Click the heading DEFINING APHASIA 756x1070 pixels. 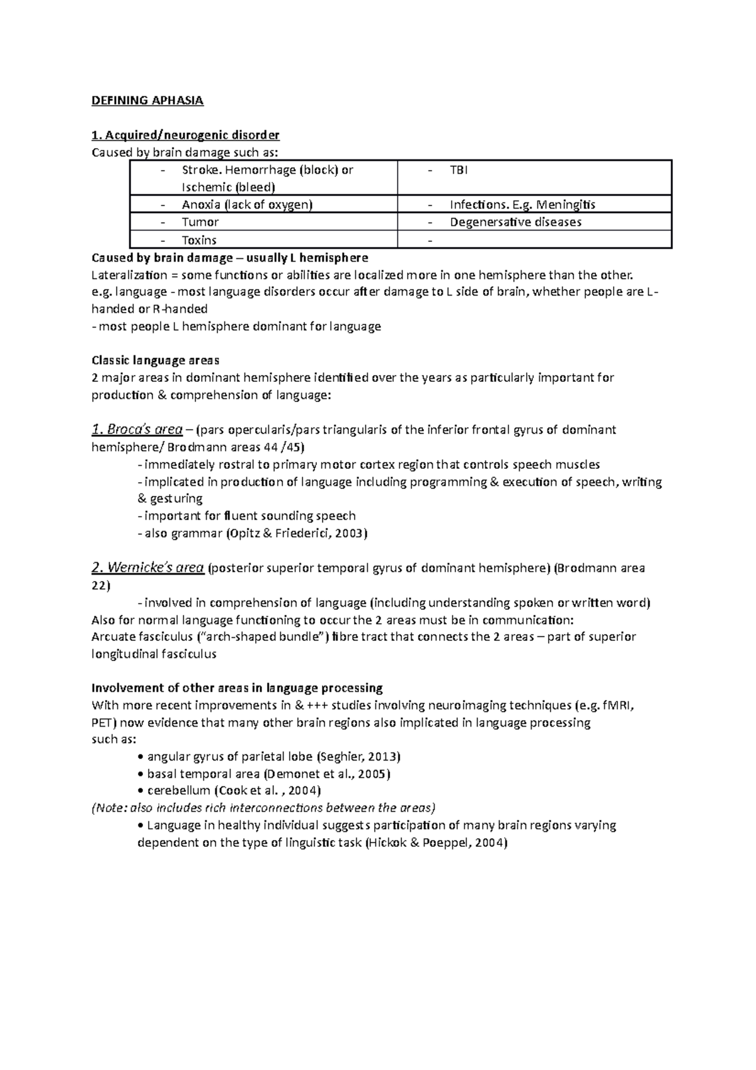pyautogui.click(x=147, y=100)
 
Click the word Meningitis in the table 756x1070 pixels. pyautogui.click(x=565, y=204)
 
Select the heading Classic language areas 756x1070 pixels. pyautogui.click(x=155, y=360)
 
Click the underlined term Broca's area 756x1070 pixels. pyautogui.click(x=137, y=430)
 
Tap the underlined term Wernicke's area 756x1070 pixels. pyautogui.click(x=147, y=568)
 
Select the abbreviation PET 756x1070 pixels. pyautogui.click(x=103, y=722)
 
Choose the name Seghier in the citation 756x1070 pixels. pyautogui.click(x=341, y=756)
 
